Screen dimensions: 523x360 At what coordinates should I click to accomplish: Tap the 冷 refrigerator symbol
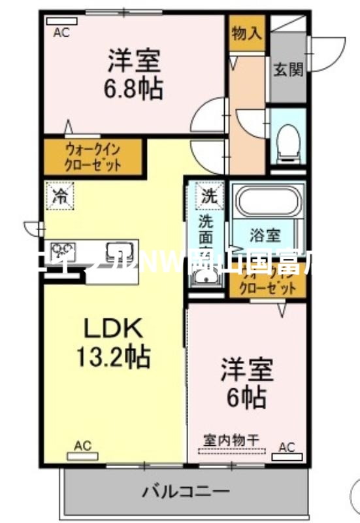(x=60, y=195)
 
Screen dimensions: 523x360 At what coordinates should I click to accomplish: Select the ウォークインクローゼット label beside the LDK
(x=91, y=156)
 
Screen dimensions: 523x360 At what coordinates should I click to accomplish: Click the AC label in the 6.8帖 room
(x=61, y=31)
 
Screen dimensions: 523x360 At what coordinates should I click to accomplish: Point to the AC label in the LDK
(x=82, y=446)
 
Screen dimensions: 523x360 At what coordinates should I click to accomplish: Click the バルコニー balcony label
(x=186, y=490)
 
